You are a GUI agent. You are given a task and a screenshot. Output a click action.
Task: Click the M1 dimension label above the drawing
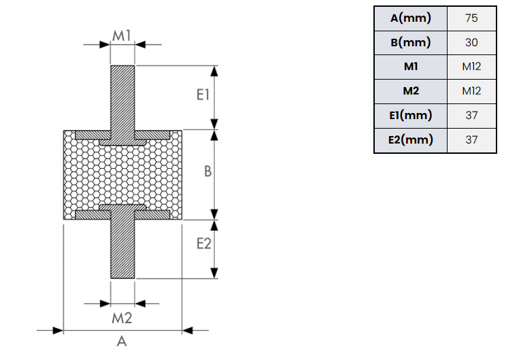click(x=122, y=35)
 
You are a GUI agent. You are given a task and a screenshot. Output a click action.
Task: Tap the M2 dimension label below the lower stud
click(x=122, y=316)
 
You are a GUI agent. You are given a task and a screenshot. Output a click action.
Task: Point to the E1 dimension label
click(x=202, y=95)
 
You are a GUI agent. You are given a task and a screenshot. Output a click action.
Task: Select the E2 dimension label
click(x=203, y=243)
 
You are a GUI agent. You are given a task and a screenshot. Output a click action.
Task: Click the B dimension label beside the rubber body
click(x=208, y=172)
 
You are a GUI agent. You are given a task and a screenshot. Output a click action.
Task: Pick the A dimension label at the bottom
click(x=122, y=341)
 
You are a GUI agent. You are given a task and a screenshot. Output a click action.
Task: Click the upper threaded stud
click(x=122, y=95)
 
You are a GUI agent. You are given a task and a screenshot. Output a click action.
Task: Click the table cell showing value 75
click(x=471, y=18)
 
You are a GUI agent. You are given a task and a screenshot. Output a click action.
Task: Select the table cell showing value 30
click(x=471, y=42)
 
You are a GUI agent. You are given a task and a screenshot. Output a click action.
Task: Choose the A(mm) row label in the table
click(x=410, y=18)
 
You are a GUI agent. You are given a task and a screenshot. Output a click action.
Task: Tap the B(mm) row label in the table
click(x=410, y=42)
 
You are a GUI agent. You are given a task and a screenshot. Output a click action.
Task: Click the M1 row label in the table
click(x=410, y=67)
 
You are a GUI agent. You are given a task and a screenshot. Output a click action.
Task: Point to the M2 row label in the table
click(x=410, y=91)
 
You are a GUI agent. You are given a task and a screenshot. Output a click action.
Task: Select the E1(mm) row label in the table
click(x=410, y=115)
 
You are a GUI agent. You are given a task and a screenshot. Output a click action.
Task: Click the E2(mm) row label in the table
click(x=410, y=140)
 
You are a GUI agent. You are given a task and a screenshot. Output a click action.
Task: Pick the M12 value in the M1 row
click(x=471, y=67)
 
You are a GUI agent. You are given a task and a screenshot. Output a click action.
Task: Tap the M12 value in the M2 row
click(x=471, y=91)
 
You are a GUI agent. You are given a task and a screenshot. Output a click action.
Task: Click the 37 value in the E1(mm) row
click(x=471, y=115)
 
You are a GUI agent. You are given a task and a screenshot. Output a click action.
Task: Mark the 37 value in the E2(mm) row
click(x=471, y=140)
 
